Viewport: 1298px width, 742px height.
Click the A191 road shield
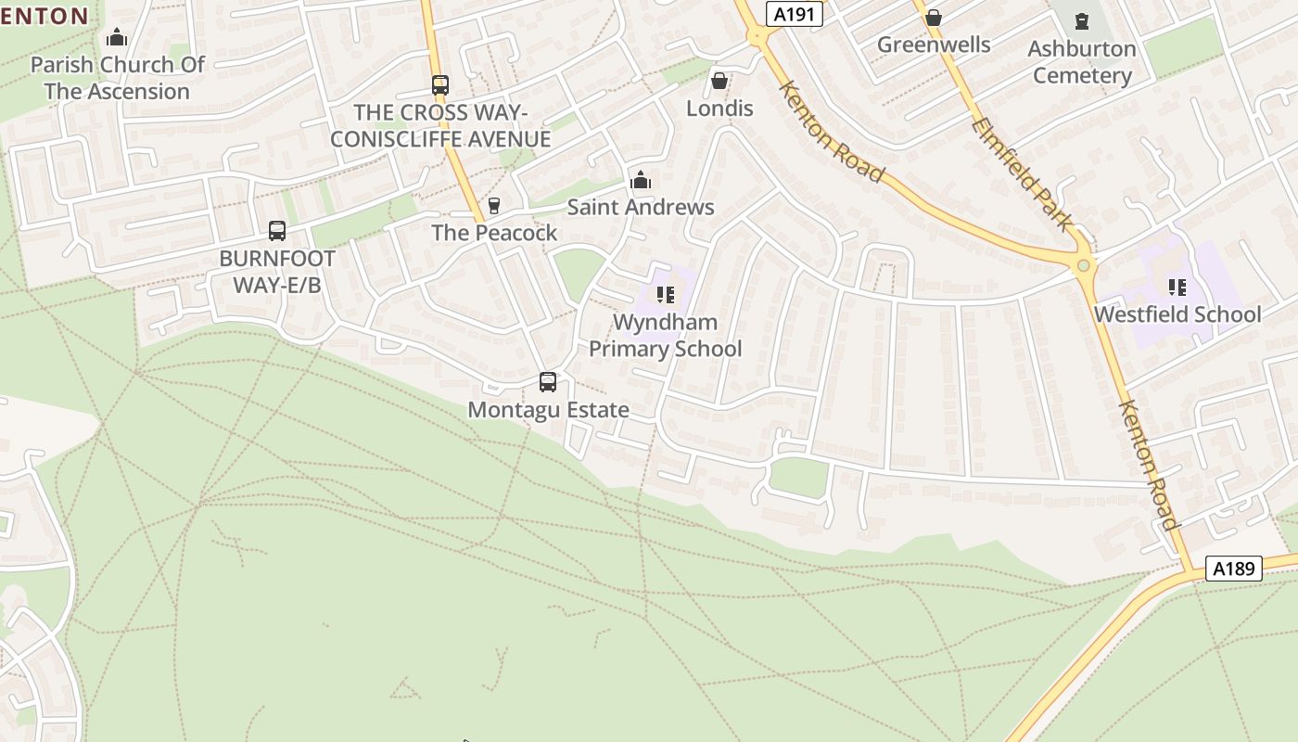[x=795, y=13]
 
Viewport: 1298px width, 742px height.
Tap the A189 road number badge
[x=1234, y=569]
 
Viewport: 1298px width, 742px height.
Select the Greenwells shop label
[x=933, y=45]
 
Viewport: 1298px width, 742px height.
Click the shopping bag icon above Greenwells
[x=934, y=18]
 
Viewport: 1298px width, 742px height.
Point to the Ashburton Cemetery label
[x=1082, y=62]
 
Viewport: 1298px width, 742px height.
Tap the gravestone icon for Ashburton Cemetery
[x=1082, y=20]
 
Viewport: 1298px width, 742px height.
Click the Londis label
[x=719, y=109]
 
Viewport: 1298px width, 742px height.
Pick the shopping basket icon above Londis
[x=719, y=81]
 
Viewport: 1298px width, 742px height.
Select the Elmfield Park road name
[x=1024, y=173]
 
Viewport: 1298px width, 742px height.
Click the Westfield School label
[x=1177, y=314]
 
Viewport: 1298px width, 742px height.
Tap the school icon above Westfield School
[x=1177, y=288]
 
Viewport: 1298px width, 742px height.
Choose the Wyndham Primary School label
[x=666, y=336]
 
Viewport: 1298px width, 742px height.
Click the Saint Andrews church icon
[x=641, y=180]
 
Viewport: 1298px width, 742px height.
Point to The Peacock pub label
[x=494, y=233]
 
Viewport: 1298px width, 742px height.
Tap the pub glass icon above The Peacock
[x=494, y=205]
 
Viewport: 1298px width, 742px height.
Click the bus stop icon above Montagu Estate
[x=548, y=382]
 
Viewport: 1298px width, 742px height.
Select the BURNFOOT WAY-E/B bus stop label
[x=276, y=271]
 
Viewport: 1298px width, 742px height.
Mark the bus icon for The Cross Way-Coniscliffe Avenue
[x=440, y=85]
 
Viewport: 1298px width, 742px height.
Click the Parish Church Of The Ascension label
[x=117, y=78]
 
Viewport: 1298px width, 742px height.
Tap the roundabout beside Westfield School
[x=1083, y=266]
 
